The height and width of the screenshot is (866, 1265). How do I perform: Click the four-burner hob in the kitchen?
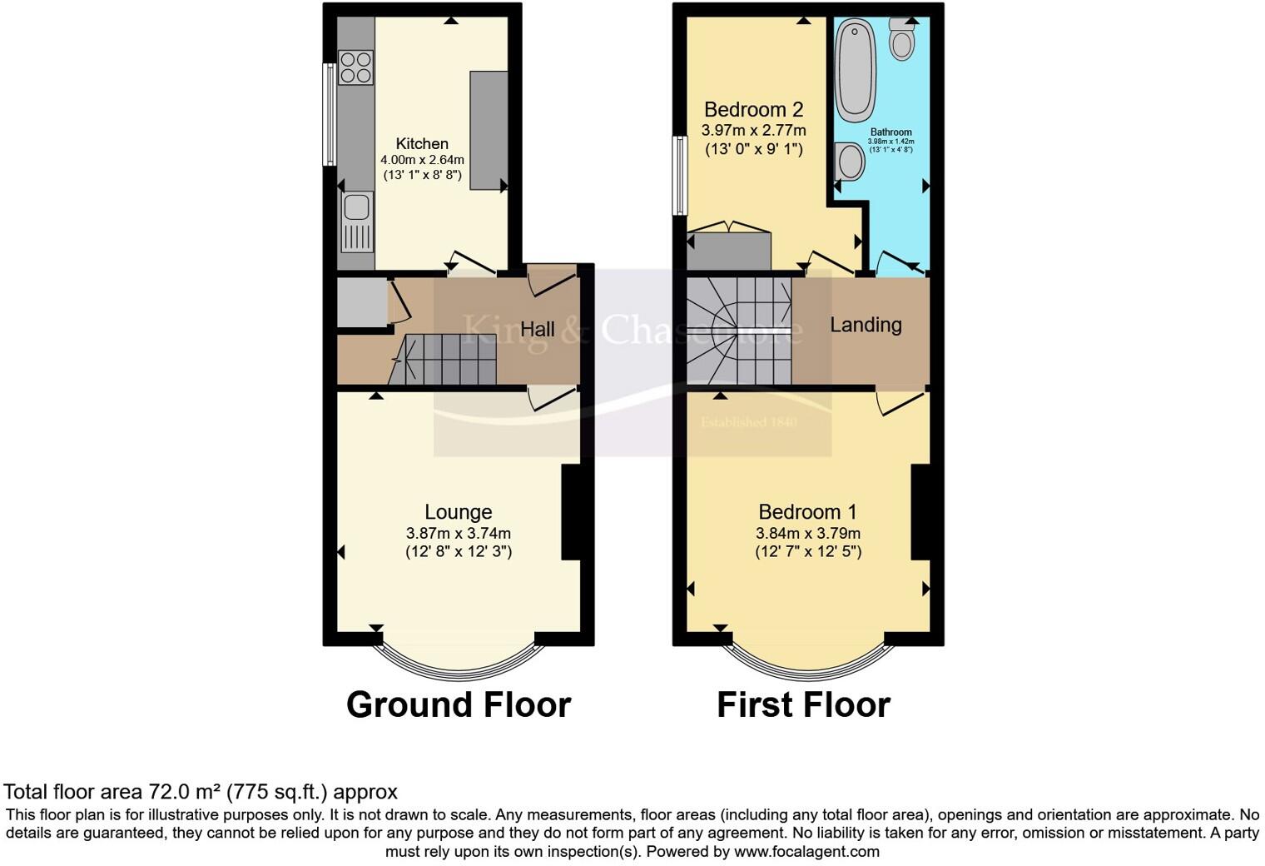[x=355, y=67]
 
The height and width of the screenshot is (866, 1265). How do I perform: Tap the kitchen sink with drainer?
[x=357, y=221]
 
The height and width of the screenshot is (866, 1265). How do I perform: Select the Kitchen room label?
[x=422, y=144]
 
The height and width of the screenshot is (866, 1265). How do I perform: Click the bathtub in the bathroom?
[x=856, y=71]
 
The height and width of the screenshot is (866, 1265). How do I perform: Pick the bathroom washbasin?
[x=850, y=161]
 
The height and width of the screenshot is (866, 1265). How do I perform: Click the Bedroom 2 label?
[x=753, y=109]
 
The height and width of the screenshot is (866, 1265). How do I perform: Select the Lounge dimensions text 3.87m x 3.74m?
[x=458, y=533]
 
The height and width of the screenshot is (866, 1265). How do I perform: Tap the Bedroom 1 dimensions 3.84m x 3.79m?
[x=807, y=533]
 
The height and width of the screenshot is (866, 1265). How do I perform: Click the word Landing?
[x=866, y=325]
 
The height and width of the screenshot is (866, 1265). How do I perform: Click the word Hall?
[x=538, y=330]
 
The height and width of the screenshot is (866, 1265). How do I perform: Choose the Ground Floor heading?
[x=458, y=704]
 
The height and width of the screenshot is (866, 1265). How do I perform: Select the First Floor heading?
[x=803, y=704]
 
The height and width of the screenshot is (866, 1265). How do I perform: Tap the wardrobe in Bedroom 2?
[x=730, y=251]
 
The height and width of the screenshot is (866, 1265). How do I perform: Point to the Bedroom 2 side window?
[x=680, y=175]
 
